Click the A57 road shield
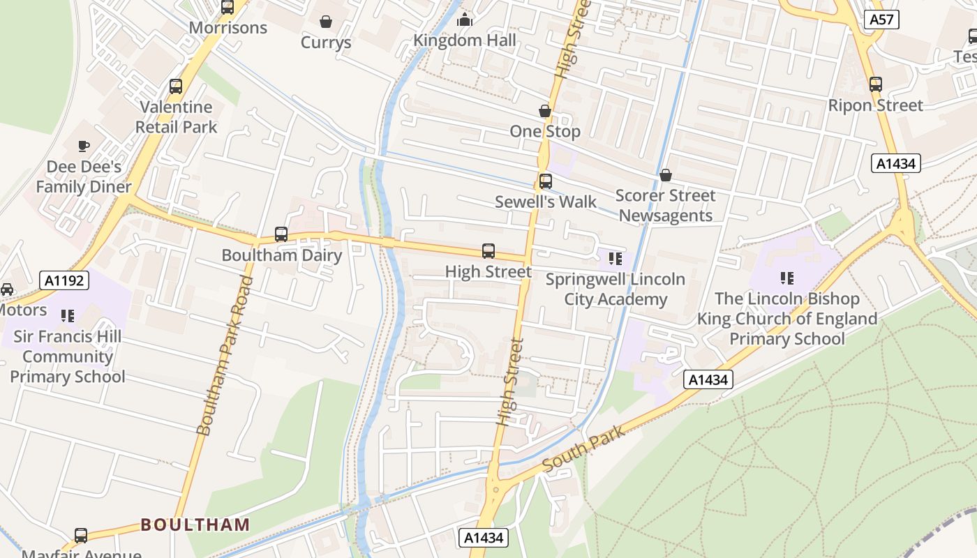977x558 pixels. (x=881, y=20)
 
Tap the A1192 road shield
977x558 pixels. (x=64, y=281)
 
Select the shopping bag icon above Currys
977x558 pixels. (x=325, y=22)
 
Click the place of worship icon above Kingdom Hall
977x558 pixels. (x=465, y=20)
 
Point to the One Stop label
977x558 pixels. (x=544, y=131)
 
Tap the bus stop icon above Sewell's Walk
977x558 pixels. (x=545, y=181)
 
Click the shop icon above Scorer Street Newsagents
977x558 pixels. (x=666, y=175)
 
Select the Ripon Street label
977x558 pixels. (x=875, y=105)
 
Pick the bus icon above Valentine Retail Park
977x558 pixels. (x=176, y=86)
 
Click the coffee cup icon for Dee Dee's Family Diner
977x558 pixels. (x=84, y=146)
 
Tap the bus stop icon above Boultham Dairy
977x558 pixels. (x=281, y=234)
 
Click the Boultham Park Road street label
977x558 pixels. (x=225, y=356)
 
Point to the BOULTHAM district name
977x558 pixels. (x=195, y=525)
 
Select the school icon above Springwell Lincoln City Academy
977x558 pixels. (x=615, y=259)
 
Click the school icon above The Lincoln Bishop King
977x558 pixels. (x=787, y=278)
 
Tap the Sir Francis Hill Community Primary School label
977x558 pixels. (x=68, y=356)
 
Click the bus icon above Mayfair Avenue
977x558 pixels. (x=81, y=536)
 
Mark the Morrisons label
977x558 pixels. (x=228, y=28)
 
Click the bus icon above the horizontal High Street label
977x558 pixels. (x=488, y=251)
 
